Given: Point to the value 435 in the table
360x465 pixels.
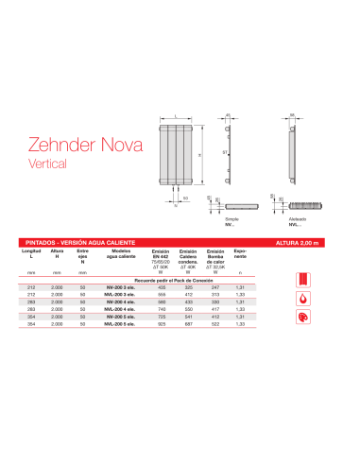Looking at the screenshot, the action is [x=163, y=287].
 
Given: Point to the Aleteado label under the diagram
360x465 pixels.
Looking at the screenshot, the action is [x=295, y=218].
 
